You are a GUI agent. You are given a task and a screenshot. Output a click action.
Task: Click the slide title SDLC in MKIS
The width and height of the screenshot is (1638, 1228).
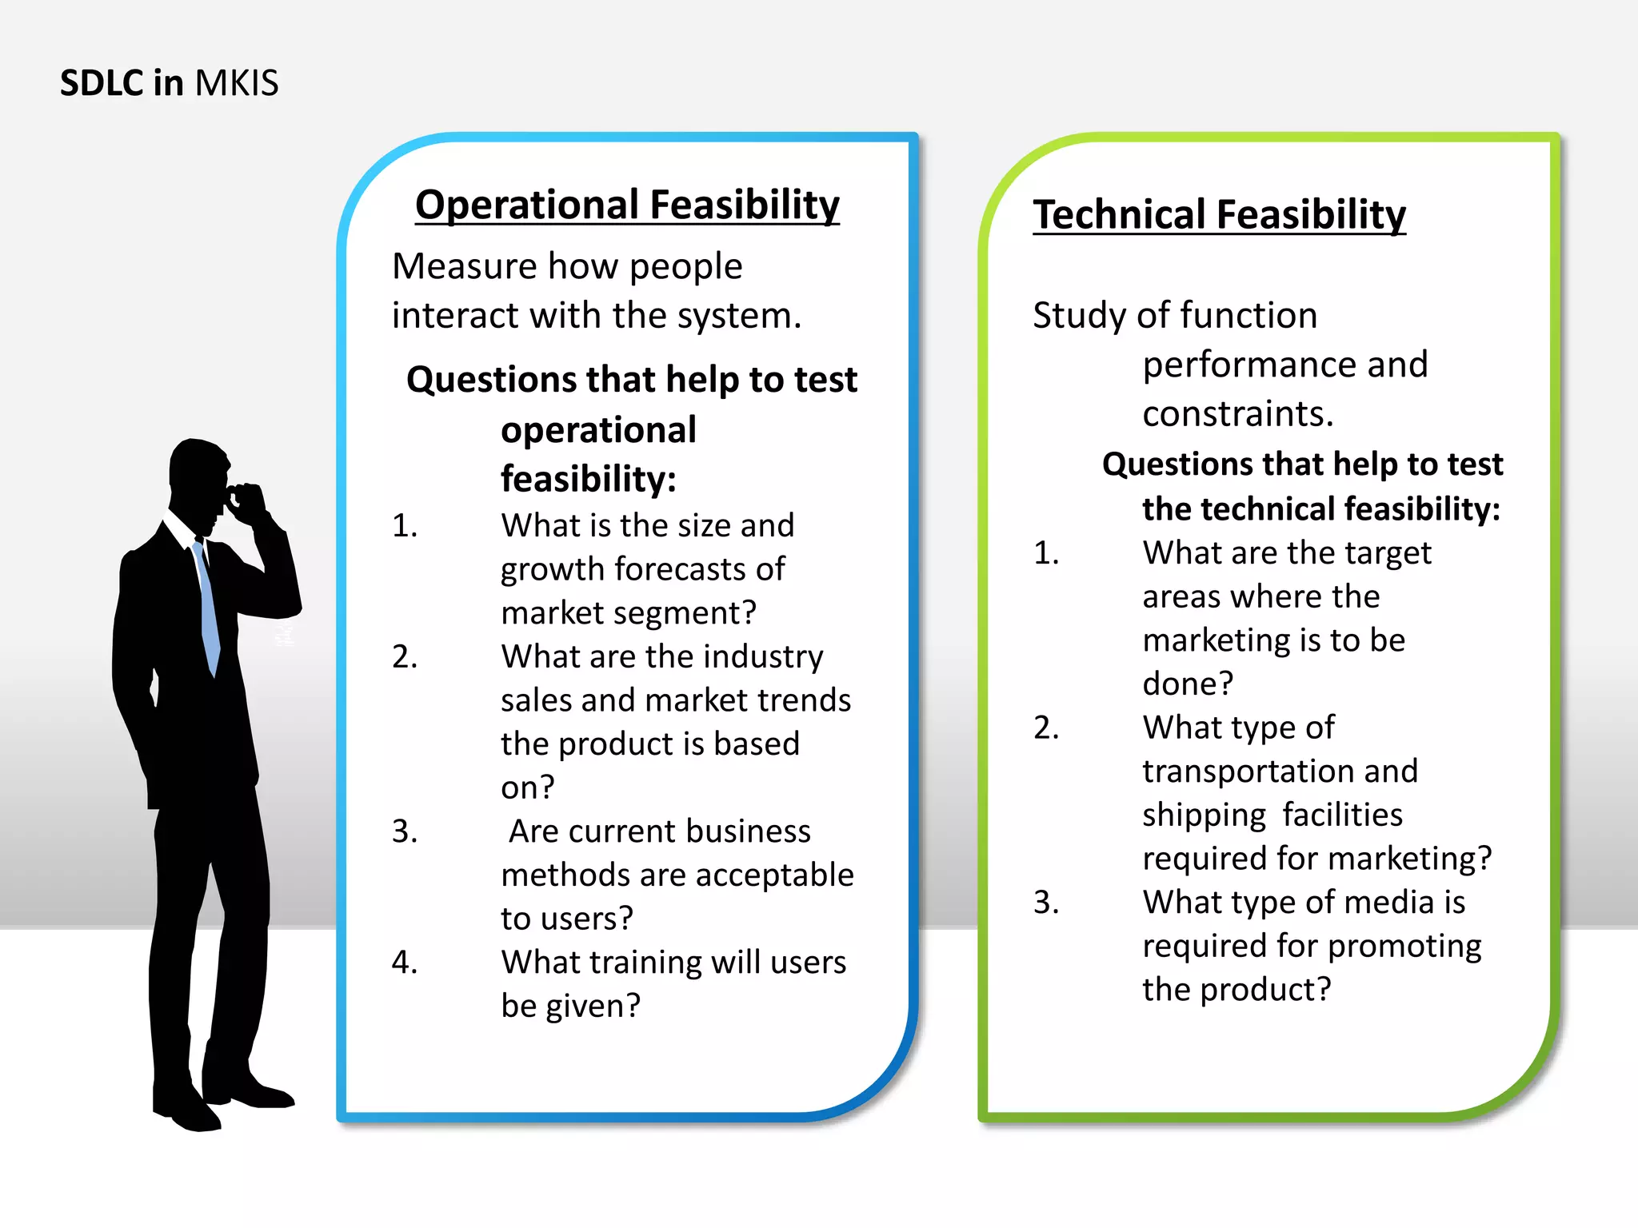169,83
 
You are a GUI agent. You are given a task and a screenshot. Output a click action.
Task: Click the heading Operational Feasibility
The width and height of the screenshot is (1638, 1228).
627,205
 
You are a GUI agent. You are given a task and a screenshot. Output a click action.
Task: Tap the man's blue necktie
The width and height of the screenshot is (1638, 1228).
207,608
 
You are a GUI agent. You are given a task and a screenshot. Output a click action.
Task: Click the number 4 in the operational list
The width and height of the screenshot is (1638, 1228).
404,962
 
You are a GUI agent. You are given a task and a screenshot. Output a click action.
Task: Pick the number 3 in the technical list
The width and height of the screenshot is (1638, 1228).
1045,903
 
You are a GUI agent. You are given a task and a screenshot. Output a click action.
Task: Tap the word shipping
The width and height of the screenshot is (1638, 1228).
1204,815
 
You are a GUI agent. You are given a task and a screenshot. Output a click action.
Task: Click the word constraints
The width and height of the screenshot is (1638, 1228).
1237,414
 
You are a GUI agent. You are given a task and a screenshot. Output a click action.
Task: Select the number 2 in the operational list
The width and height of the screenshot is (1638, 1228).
404,656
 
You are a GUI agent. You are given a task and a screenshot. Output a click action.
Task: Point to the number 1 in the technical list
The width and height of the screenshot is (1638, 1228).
1045,553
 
